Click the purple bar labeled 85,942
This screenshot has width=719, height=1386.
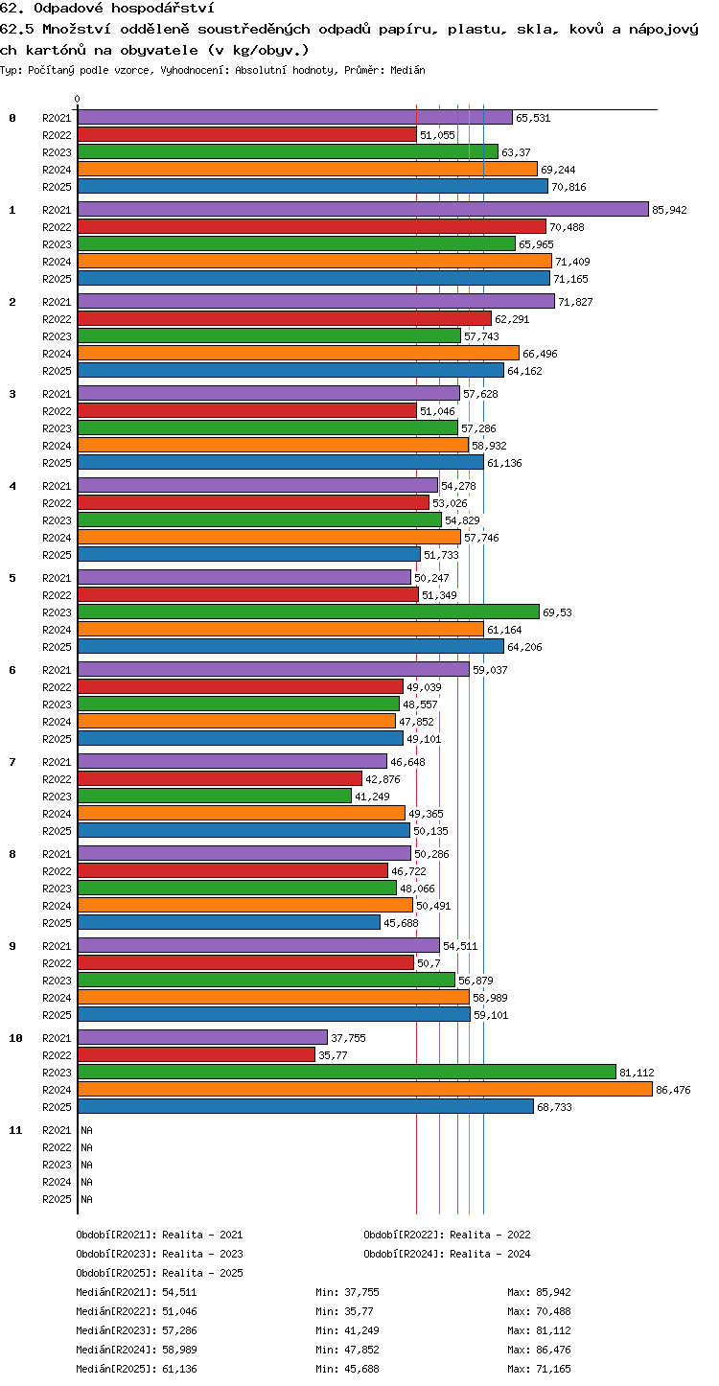(363, 210)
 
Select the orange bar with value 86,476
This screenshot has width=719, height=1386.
(365, 1090)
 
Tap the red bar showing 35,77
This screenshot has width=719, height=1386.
(197, 1055)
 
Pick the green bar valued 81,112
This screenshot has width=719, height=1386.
(347, 1073)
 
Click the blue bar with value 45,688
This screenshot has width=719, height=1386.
(229, 922)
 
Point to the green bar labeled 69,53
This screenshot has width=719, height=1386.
(309, 612)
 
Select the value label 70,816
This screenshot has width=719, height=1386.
(568, 187)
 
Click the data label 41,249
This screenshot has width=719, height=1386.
(373, 797)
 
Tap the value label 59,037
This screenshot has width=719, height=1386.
(490, 669)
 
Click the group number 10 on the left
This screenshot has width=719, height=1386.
(15, 1038)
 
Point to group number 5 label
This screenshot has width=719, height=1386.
(12, 578)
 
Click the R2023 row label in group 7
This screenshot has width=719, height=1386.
(57, 797)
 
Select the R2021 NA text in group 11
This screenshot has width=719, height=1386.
(86, 1130)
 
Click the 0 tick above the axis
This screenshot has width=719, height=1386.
(78, 99)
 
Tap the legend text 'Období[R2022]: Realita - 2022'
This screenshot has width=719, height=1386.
(447, 1235)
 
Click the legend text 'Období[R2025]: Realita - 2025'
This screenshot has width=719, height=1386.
(160, 1273)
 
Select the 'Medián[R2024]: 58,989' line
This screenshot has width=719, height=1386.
(137, 1350)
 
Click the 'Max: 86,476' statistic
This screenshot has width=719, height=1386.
(539, 1350)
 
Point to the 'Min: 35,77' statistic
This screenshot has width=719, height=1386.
(345, 1311)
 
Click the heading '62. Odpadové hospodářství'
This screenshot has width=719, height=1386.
(107, 8)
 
